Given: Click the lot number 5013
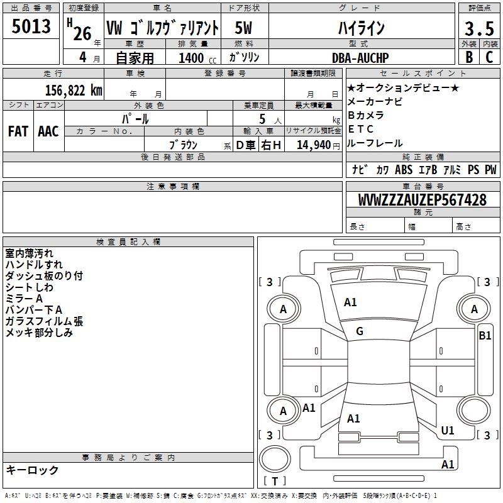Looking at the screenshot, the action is [x=31, y=28].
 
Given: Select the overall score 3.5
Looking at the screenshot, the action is [x=478, y=29].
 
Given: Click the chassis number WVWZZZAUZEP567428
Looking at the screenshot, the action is [x=422, y=200].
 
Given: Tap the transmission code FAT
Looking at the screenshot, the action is [x=18, y=131].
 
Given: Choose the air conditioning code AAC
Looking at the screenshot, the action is [x=48, y=131].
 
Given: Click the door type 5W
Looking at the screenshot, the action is [x=244, y=28].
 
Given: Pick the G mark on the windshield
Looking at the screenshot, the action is [x=360, y=331].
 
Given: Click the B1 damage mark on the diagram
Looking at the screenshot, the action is [x=485, y=336].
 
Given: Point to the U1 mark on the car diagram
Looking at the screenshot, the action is [x=448, y=431].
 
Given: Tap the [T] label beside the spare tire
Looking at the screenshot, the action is [x=275, y=482].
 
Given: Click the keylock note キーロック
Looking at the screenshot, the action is [x=32, y=470].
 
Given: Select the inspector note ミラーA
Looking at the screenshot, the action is [x=24, y=299].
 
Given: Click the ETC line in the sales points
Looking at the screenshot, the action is [x=361, y=130].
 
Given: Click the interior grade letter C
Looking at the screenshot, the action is [x=489, y=57].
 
